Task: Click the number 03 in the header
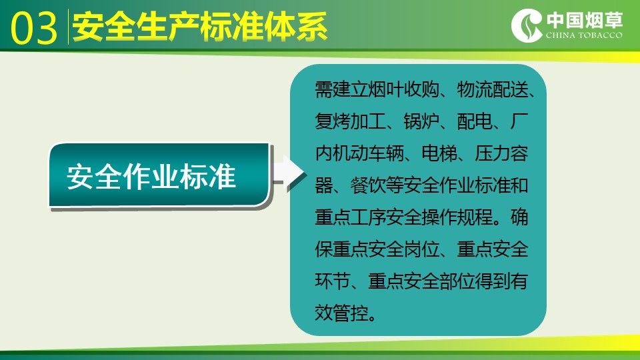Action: pos(34,28)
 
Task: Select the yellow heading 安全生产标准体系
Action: pos(200,27)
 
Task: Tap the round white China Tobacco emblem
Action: pos(527,25)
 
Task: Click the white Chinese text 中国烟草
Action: pos(585,20)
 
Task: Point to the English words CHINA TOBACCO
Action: pos(585,35)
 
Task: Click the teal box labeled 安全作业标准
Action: pos(159,175)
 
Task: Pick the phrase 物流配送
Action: pos(493,89)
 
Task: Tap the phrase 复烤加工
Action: pos(350,121)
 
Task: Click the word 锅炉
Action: pos(421,121)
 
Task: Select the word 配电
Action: pos(475,121)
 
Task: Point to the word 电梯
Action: pos(439,153)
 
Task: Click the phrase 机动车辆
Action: pos(368,153)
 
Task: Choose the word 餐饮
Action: pos(368,185)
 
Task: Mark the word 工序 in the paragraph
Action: pos(368,217)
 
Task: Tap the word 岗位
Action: pos(421,249)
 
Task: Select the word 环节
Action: pos(332,281)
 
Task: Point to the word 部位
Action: pos(457,281)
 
